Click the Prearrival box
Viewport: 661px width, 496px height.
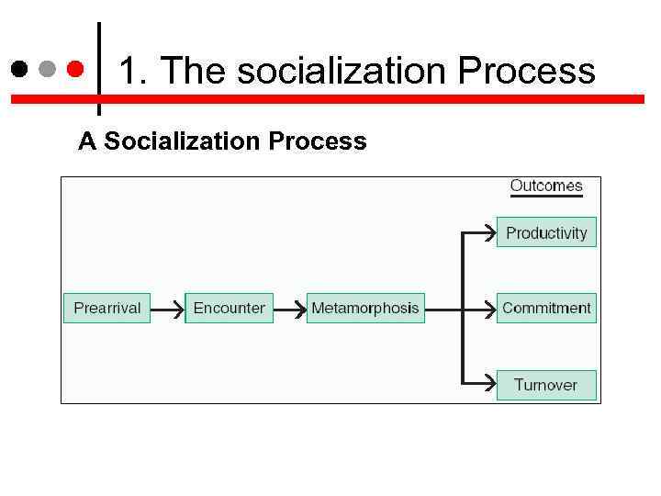[x=106, y=308]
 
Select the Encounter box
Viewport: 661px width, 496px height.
[x=229, y=308]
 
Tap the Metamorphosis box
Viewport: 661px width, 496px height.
[x=364, y=308]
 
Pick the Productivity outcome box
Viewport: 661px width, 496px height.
[x=546, y=232]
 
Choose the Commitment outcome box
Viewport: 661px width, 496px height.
[x=546, y=308]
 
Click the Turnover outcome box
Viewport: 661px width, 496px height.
[x=546, y=384]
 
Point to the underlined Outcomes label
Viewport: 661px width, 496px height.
[x=546, y=186]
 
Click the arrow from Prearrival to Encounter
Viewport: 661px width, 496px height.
[x=167, y=310]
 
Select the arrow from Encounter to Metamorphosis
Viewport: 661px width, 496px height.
[x=289, y=310]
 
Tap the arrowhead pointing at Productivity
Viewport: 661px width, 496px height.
[x=486, y=233]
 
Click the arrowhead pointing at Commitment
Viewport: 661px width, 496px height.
[x=486, y=310]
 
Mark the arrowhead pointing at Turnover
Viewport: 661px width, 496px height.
[x=486, y=384]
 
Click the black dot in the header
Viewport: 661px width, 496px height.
[x=19, y=69]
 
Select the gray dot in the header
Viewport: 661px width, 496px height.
[x=47, y=69]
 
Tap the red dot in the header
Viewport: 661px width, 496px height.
[x=76, y=69]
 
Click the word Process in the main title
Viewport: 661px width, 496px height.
[x=527, y=71]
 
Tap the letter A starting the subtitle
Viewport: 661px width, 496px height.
[x=87, y=141]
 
